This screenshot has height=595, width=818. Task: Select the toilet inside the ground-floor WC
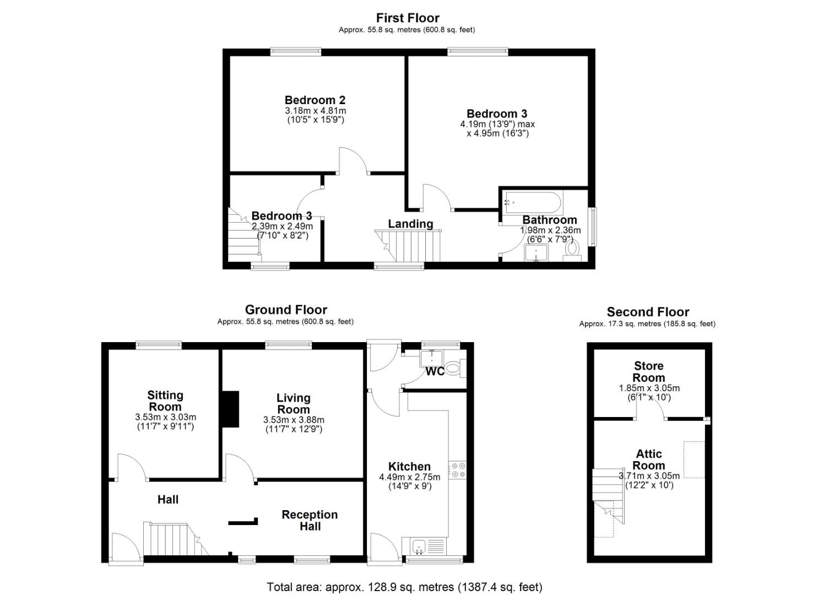[x=453, y=367]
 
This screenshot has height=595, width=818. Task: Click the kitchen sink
[x=419, y=547]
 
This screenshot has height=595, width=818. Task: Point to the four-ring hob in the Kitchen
[x=457, y=469]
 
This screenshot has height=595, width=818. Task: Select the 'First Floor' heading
[x=408, y=18]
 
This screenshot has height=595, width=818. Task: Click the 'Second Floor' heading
[x=648, y=312]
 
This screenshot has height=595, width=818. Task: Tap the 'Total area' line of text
[x=404, y=587]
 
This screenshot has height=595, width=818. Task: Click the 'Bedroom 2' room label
[x=315, y=100]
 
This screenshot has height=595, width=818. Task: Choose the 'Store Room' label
[x=648, y=372]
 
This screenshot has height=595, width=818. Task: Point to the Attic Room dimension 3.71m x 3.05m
[x=649, y=476]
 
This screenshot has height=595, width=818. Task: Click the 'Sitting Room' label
[x=165, y=401]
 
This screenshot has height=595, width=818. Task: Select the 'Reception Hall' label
[x=310, y=520]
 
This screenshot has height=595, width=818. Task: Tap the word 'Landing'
[x=410, y=224]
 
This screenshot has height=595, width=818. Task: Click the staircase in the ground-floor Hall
[x=168, y=539]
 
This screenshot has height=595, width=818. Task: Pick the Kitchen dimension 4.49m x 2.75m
[x=409, y=477]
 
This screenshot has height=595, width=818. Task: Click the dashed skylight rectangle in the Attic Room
[x=694, y=459]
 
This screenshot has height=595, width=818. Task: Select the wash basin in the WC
[x=429, y=359]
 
